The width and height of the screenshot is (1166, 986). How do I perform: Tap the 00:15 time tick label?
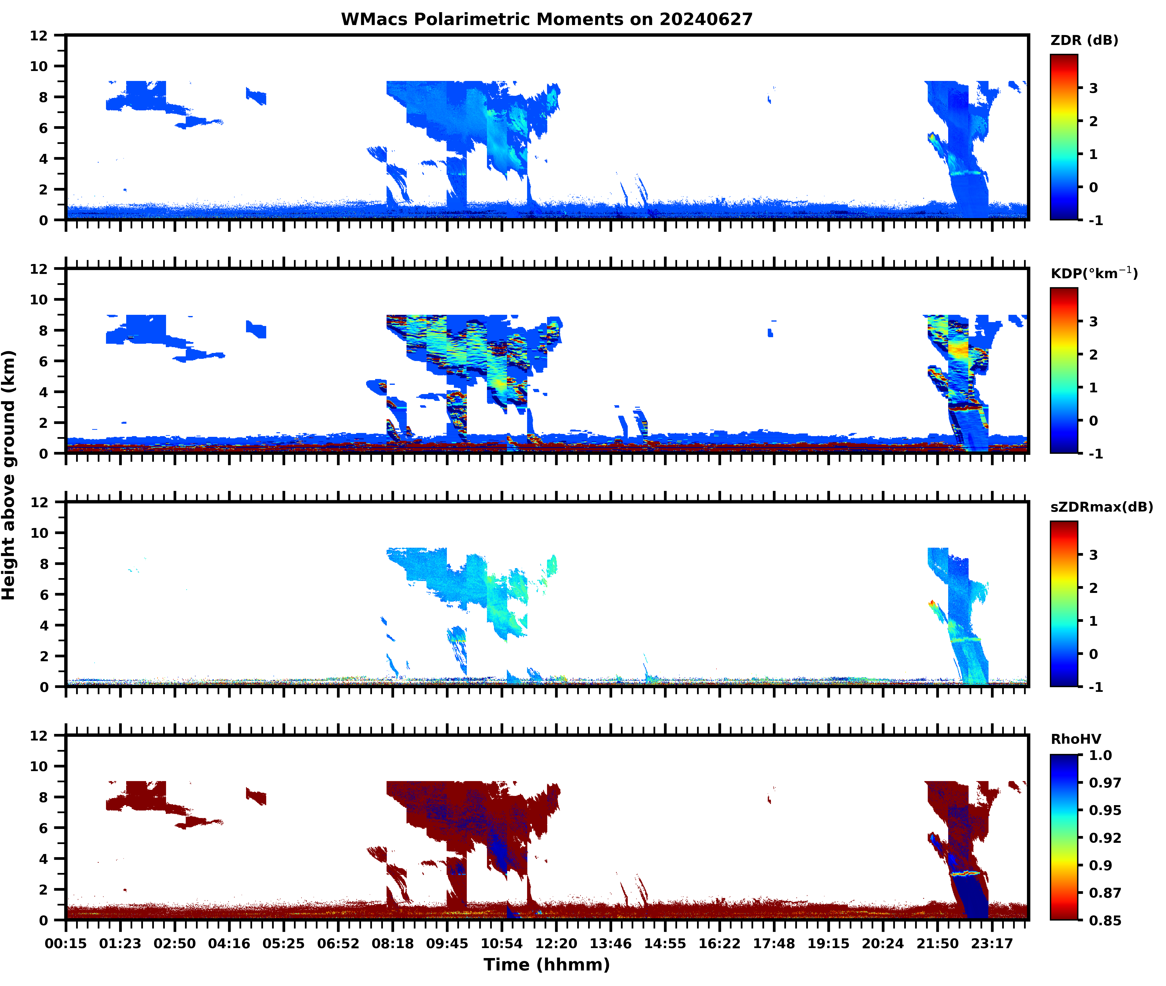click(66, 943)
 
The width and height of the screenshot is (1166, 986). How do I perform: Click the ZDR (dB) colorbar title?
click(1084, 40)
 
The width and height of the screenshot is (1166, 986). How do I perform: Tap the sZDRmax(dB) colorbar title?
click(1101, 507)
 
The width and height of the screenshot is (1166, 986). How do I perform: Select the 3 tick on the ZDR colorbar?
click(1093, 88)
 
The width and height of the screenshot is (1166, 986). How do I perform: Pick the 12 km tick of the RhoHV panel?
click(39, 736)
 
